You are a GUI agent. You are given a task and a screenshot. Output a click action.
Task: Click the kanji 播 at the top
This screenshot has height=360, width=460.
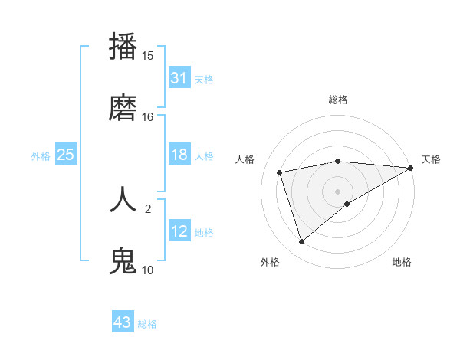[x=123, y=46]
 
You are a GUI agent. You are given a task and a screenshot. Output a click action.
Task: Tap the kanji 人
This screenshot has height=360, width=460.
[x=123, y=198]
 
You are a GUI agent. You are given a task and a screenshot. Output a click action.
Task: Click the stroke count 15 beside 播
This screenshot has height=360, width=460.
[x=148, y=56]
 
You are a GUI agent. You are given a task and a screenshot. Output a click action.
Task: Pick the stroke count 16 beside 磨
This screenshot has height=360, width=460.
[x=148, y=117]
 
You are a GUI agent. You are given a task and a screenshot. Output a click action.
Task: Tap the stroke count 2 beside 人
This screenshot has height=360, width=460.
[x=148, y=208]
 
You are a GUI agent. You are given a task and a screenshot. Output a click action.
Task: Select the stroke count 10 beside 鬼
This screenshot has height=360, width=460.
[x=148, y=270]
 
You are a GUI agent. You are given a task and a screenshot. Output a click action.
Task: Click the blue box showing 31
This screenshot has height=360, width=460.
[x=179, y=78]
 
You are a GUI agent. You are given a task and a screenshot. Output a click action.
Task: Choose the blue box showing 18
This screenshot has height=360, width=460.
[x=179, y=155]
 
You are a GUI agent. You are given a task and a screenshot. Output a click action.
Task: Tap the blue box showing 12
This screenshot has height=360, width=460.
[x=179, y=231]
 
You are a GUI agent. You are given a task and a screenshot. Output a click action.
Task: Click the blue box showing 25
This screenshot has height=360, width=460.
[x=65, y=155]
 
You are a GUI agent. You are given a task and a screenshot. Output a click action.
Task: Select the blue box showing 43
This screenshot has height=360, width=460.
[x=122, y=322]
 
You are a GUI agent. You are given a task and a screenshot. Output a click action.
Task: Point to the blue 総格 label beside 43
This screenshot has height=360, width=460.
[x=147, y=324]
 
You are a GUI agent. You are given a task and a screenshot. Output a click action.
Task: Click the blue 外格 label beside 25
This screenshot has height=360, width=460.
[x=41, y=156]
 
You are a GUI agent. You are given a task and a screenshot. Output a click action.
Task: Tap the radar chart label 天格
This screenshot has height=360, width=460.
[x=431, y=159]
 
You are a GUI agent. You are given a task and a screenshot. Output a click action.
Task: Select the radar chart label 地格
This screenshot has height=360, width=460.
[x=402, y=263]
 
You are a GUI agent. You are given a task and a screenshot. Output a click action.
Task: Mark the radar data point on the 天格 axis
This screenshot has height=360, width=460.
[x=411, y=168]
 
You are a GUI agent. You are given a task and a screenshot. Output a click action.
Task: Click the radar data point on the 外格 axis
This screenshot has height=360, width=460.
[x=301, y=242]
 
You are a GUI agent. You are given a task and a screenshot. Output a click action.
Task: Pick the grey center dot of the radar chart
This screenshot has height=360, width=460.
[x=337, y=191]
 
